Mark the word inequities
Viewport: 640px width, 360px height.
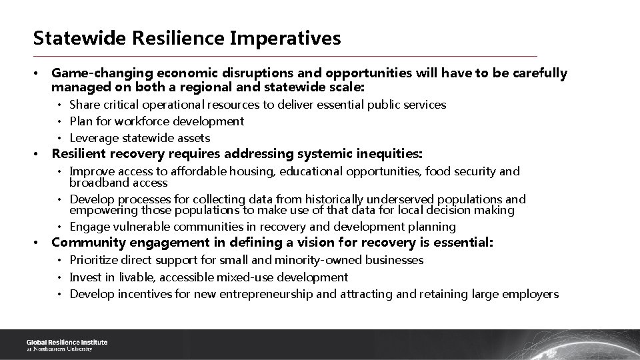(x=388, y=154)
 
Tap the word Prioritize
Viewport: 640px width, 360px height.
(x=95, y=260)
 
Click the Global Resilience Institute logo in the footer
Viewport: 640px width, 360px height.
(x=66, y=345)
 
